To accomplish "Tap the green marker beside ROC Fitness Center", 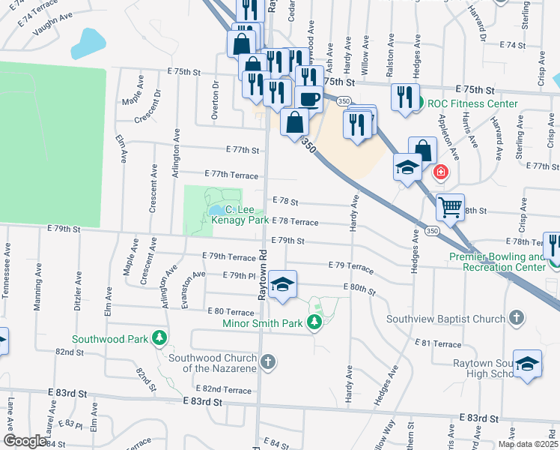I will point(420,103).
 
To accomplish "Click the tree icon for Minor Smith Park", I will point(315,323).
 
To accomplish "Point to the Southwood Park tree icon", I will point(159,339).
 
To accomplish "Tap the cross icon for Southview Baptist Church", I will point(516,319).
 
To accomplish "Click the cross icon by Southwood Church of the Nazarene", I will point(269,363).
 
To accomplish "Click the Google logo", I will point(25,441).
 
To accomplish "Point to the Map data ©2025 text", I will point(527,443).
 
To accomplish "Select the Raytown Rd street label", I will point(263,276).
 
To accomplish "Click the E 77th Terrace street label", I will point(231,175).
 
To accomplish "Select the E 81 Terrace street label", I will point(438,344).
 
